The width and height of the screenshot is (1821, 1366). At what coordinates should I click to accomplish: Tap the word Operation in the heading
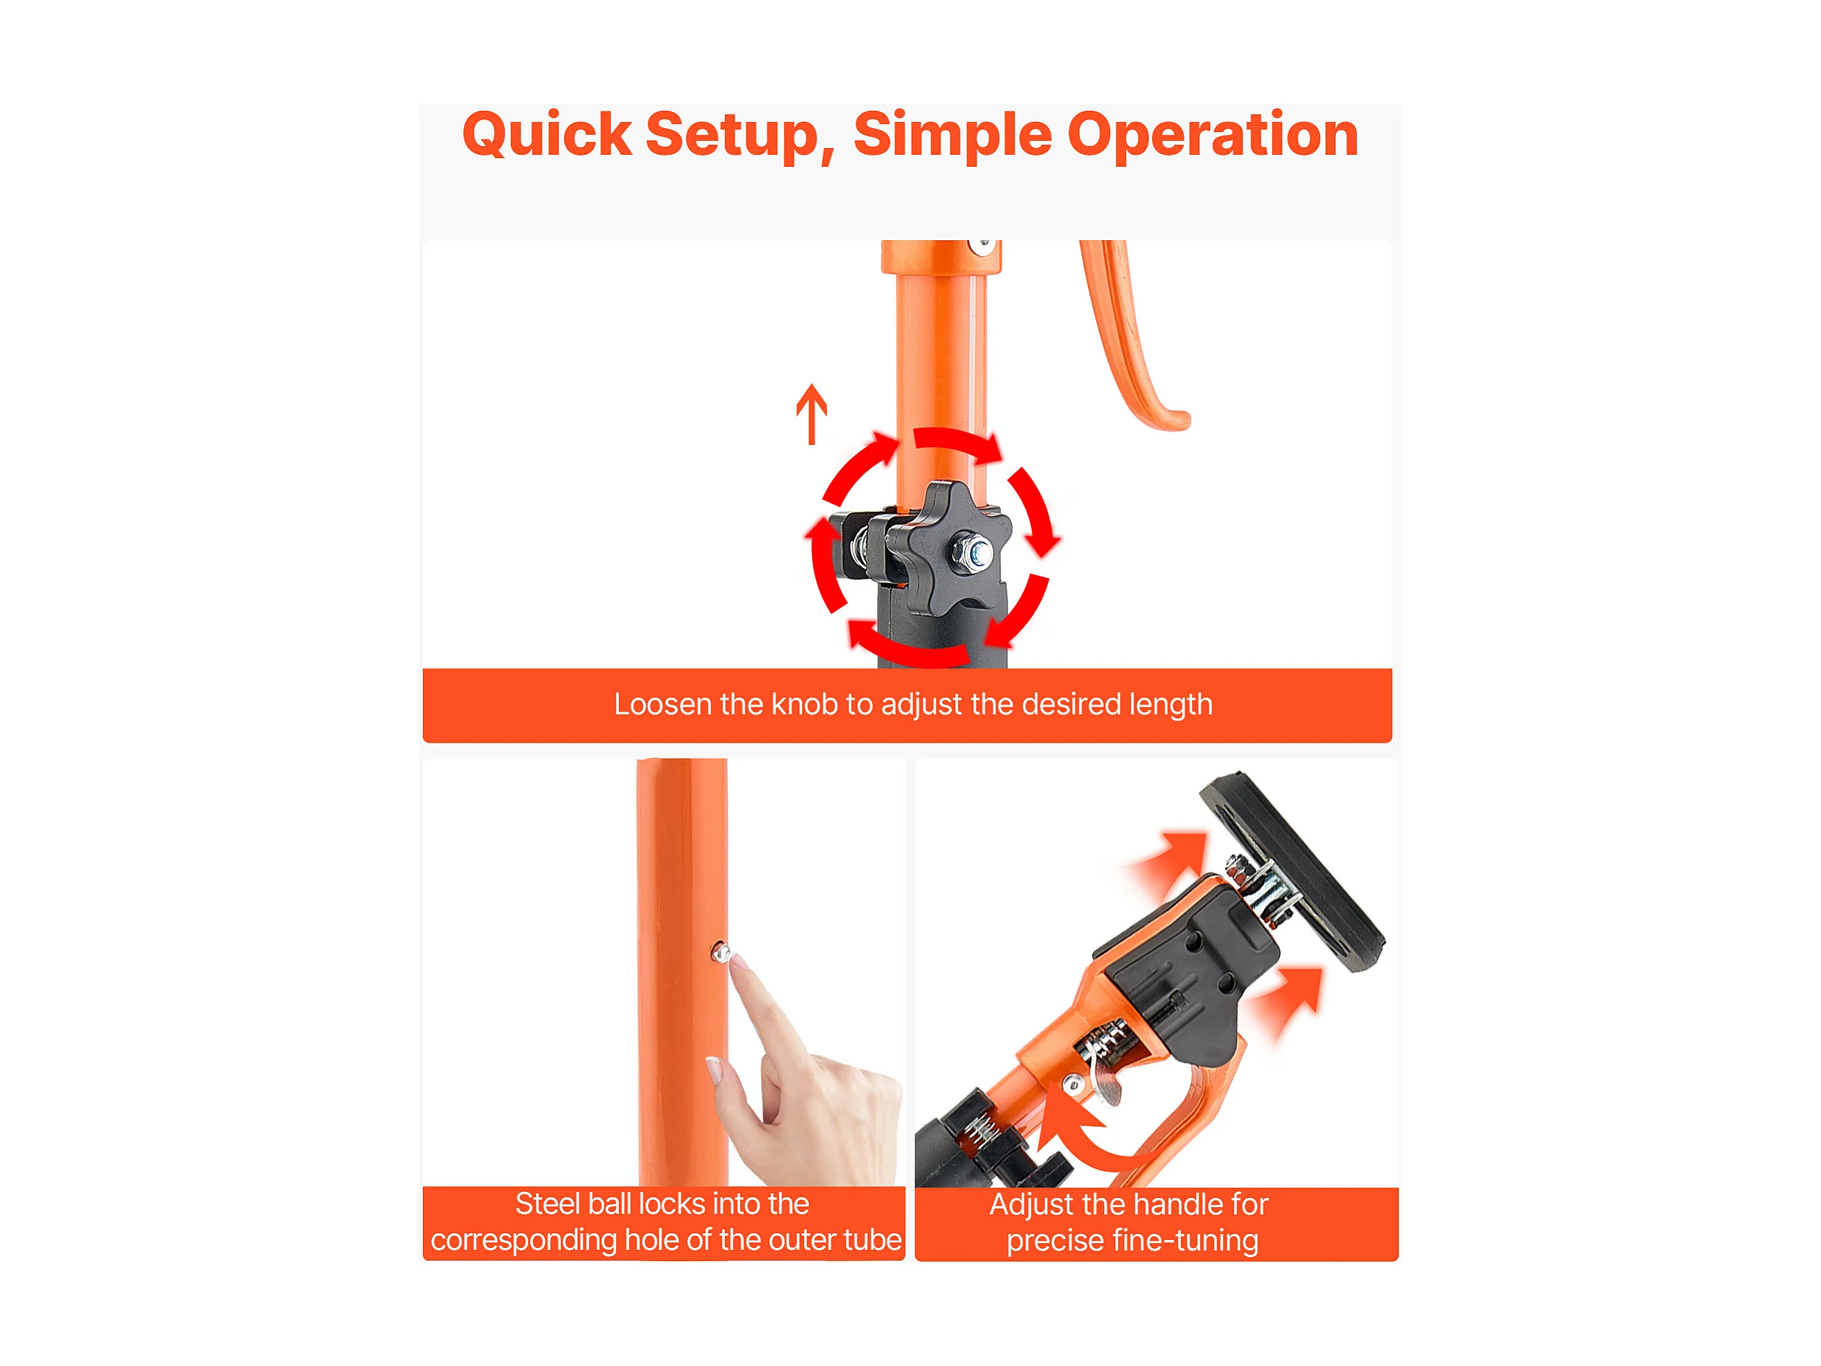(1213, 136)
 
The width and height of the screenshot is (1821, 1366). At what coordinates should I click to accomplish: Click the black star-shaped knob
(949, 549)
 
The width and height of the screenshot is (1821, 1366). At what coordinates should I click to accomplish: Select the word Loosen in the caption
(663, 704)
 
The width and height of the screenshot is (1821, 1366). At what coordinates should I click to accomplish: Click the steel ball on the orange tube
(721, 953)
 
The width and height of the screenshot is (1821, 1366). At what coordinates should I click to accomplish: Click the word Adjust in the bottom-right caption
(1031, 1205)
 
